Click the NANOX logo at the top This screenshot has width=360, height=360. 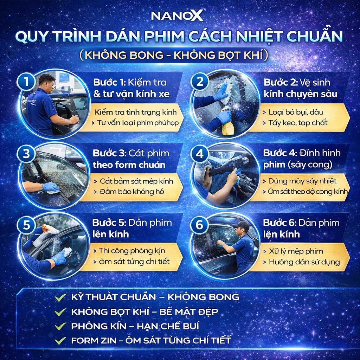point(177,15)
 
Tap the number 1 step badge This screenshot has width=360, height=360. point(26,82)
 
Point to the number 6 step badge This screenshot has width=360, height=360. point(199,225)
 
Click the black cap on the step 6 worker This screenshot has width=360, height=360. point(241,225)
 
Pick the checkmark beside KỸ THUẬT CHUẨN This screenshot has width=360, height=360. point(60,297)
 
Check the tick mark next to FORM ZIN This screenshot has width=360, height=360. point(60,340)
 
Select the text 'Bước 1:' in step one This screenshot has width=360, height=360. point(110,82)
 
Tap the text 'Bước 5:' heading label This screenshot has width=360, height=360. point(109,223)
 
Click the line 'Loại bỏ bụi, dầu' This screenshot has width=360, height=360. point(296,112)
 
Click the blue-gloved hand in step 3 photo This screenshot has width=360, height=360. point(51,187)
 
